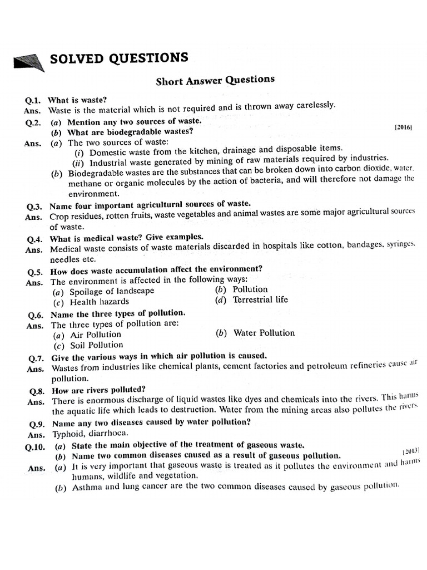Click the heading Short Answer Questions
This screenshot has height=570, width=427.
(x=215, y=80)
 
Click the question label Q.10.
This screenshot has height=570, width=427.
(x=36, y=446)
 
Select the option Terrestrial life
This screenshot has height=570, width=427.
(x=260, y=299)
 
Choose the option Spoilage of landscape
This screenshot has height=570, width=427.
(x=112, y=291)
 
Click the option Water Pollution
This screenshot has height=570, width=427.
(x=264, y=333)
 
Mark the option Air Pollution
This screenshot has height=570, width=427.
(x=95, y=335)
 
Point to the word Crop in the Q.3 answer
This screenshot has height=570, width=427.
(x=60, y=216)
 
